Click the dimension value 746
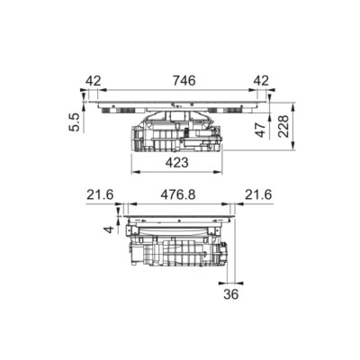[184, 81]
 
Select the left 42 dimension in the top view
[94, 81]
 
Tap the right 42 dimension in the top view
[261, 81]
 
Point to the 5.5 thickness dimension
[74, 122]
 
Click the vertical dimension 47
[260, 130]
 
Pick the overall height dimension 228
[283, 126]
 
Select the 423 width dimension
[177, 163]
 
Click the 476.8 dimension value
[178, 195]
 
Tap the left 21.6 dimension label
[100, 195]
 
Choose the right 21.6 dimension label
[258, 195]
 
